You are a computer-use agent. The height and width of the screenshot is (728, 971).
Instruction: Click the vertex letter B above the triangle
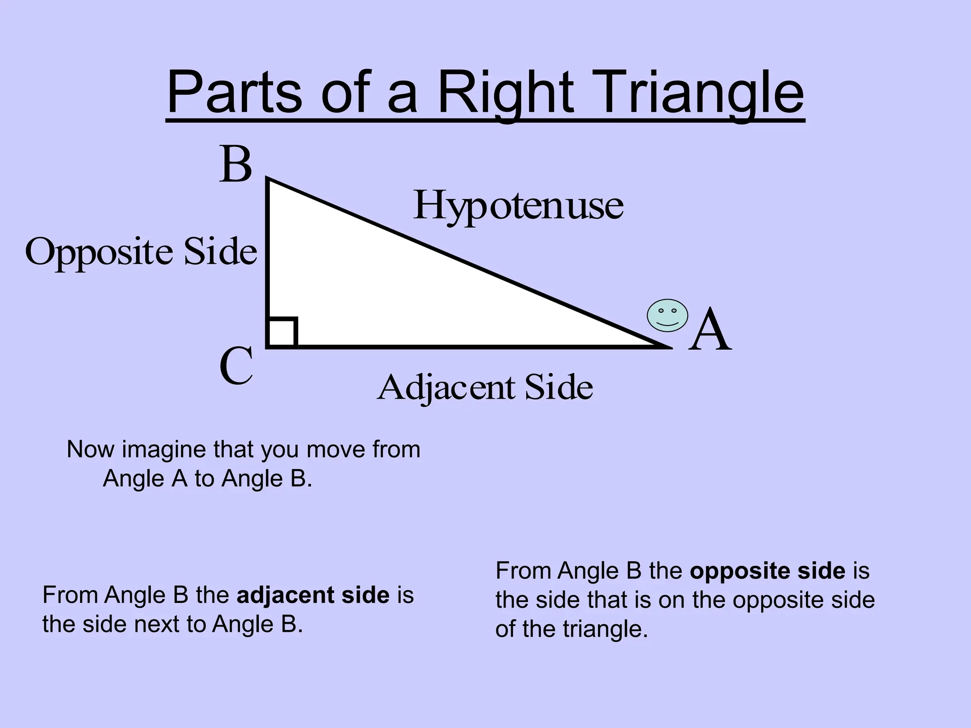pos(236,164)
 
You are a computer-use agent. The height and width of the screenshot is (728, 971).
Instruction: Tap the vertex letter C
pos(236,366)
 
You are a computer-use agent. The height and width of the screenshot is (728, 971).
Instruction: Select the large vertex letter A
pos(710,330)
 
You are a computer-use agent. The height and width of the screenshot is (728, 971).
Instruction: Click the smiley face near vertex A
pos(668,315)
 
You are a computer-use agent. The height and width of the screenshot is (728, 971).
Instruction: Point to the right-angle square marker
pos(283,332)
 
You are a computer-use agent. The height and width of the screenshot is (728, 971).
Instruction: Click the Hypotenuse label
pos(518,206)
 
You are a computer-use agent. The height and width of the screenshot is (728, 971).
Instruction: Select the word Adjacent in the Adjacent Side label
pos(446,388)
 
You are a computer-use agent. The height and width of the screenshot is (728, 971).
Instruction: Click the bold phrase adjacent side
pos(313,595)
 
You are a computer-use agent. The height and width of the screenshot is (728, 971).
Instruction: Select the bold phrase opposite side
pos(767,571)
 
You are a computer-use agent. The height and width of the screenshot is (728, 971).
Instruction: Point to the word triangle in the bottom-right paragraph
pos(605,630)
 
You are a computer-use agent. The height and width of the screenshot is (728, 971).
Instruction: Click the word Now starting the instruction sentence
pos(91,449)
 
